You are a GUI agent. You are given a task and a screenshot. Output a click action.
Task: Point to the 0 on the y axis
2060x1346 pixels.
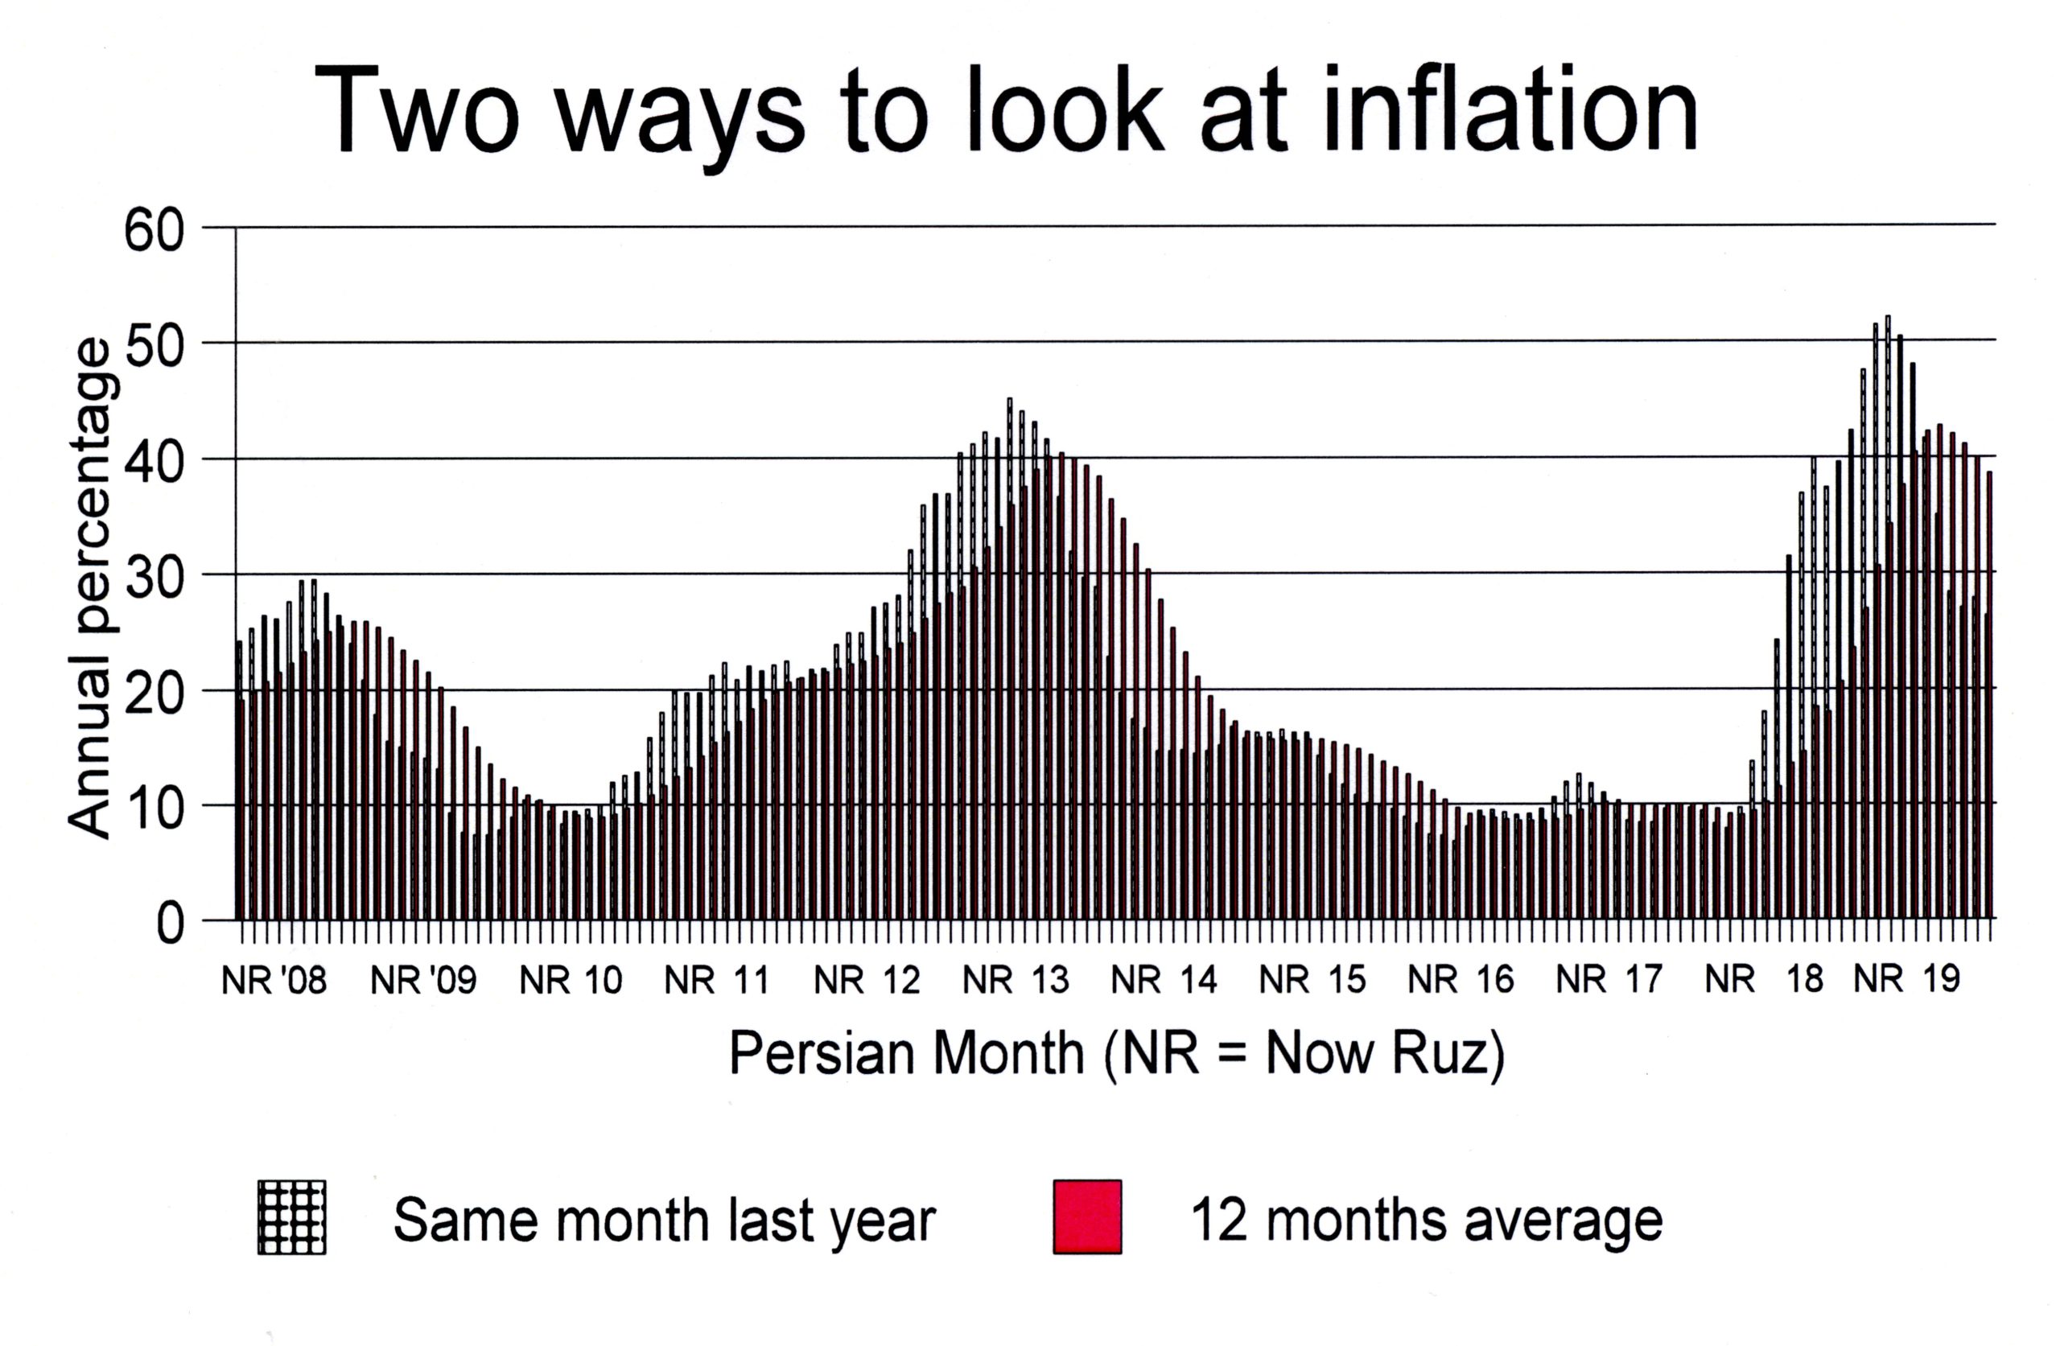[170, 924]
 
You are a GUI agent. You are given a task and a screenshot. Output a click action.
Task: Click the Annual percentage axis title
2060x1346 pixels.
[90, 589]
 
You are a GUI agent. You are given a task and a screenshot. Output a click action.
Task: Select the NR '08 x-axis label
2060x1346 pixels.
[274, 981]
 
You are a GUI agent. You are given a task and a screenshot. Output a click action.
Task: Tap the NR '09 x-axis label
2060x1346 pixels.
[423, 981]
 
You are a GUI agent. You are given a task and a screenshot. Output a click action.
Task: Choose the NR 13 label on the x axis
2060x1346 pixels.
[1016, 981]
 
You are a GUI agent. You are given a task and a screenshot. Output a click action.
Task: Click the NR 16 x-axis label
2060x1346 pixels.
[1461, 981]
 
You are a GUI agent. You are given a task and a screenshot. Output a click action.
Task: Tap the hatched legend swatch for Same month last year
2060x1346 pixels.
[291, 1216]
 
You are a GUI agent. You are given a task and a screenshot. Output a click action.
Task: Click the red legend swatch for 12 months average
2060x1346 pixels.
[1087, 1216]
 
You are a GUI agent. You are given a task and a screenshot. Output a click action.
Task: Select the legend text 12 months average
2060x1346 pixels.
[1427, 1220]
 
